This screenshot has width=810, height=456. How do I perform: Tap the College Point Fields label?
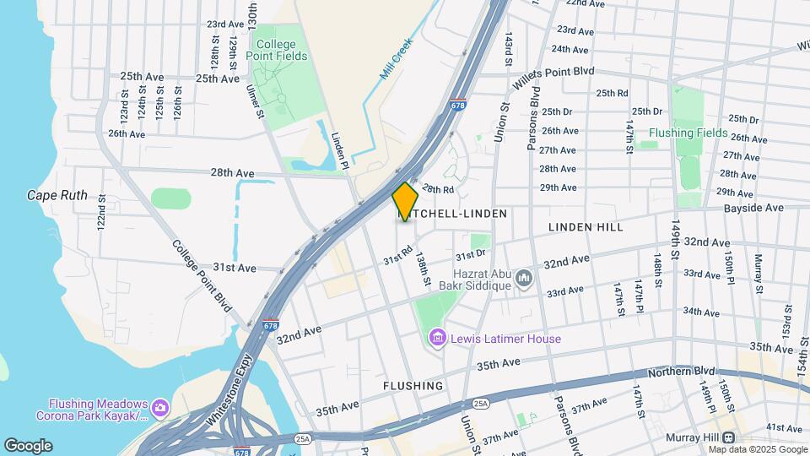(x=277, y=50)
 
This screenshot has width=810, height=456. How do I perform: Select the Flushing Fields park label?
(x=688, y=133)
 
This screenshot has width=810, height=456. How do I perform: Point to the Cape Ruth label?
(x=57, y=195)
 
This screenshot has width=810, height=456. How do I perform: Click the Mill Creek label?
(x=395, y=59)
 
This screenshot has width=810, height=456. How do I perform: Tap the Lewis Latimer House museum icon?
(x=437, y=339)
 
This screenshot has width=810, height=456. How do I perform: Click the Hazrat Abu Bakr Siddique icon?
(x=524, y=277)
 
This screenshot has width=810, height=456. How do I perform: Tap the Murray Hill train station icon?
(x=727, y=437)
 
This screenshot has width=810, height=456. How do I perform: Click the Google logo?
(x=28, y=446)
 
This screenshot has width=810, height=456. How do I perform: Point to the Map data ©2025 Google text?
(x=758, y=449)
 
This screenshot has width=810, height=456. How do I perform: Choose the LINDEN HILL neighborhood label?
(x=586, y=227)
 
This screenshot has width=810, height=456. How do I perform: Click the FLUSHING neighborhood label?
(x=413, y=386)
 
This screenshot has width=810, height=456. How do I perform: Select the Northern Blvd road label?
(x=681, y=372)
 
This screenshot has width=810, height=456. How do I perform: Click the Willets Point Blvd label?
(x=558, y=72)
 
